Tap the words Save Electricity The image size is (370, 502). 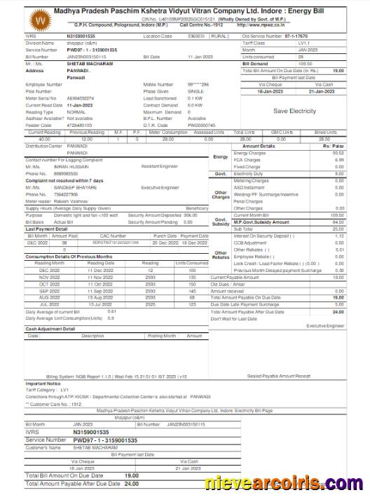(294, 111)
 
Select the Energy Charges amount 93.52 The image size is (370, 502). (338, 152)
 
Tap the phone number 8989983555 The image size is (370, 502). (79, 172)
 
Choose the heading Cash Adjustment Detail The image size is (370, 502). (50, 328)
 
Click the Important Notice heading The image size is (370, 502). (43, 384)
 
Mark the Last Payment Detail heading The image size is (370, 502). (46, 229)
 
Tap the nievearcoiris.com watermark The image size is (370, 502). (286, 484)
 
